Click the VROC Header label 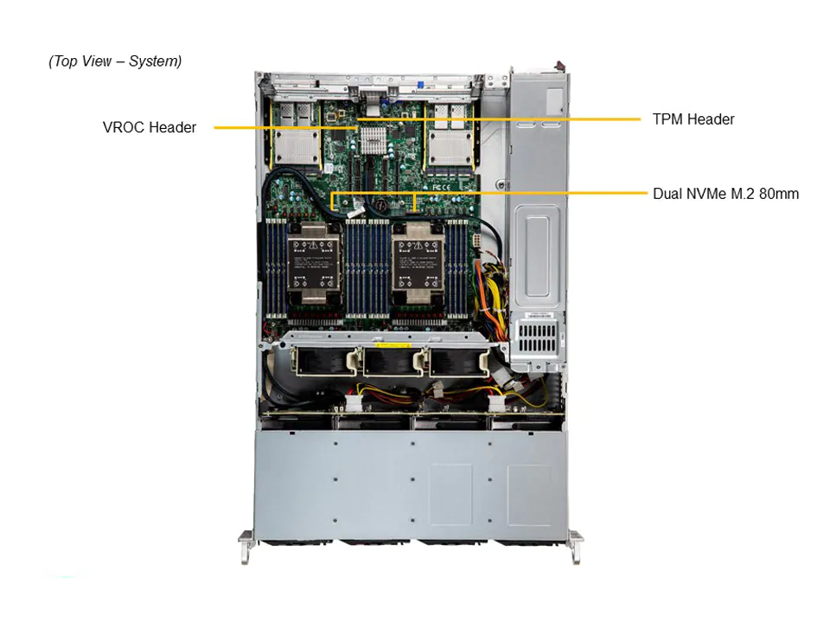pos(150,127)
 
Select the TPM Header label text pos(693,119)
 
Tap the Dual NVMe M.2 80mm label pos(725,194)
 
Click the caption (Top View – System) pos(115,61)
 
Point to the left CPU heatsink pos(313,264)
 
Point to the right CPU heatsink pos(418,264)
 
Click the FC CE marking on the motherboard pos(442,187)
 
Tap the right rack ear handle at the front pos(577,546)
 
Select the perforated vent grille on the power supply pos(537,337)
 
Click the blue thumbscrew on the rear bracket pos(420,84)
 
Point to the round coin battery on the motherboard pos(382,202)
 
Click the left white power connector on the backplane pos(351,403)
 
